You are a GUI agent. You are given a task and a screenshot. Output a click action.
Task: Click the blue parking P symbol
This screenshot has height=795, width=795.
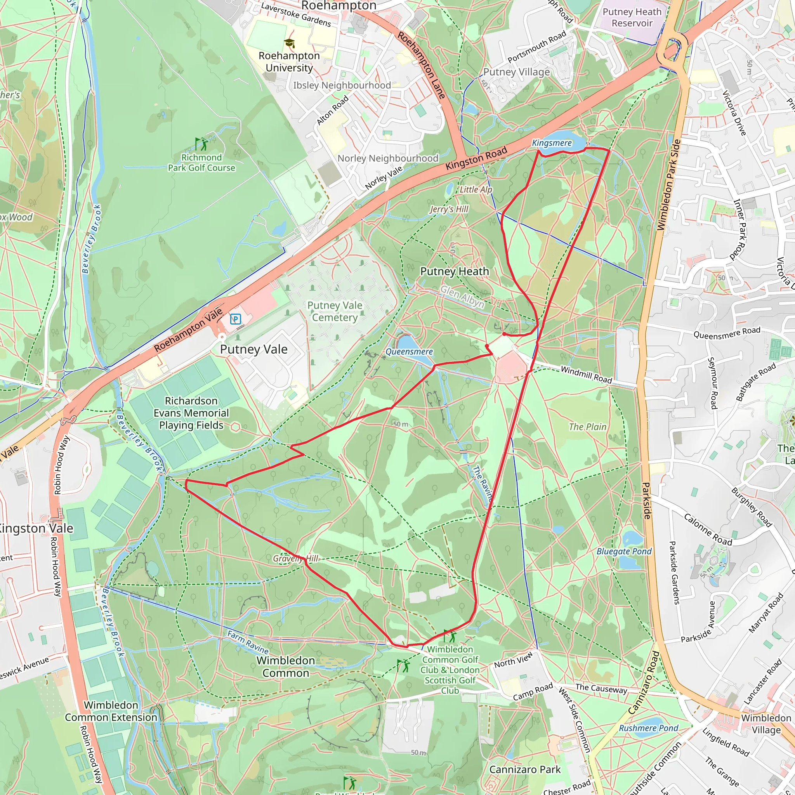click(235, 319)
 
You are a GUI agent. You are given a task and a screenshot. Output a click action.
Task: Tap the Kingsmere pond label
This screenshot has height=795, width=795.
click(552, 143)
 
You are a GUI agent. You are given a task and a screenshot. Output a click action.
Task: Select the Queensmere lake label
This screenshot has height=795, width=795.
click(409, 351)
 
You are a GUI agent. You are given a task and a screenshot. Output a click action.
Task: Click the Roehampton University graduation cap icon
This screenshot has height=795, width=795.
click(289, 43)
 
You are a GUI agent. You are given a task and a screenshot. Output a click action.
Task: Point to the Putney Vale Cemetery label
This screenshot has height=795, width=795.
click(335, 311)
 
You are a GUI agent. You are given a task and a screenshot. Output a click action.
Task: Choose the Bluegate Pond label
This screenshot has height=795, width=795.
click(624, 551)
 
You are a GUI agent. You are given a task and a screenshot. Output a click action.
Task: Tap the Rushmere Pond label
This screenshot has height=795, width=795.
click(649, 728)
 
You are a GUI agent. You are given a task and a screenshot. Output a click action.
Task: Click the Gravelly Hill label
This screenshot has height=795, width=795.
click(295, 558)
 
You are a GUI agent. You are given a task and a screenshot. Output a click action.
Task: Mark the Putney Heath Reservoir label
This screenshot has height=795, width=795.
click(632, 17)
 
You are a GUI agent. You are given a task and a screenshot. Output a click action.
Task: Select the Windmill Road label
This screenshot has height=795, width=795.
click(587, 375)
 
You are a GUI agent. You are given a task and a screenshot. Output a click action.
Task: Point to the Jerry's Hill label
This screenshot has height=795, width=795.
click(449, 209)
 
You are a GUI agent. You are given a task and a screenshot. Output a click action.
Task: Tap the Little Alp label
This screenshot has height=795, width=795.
click(476, 189)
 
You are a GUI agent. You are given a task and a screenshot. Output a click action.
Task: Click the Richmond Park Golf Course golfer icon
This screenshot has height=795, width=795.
click(201, 144)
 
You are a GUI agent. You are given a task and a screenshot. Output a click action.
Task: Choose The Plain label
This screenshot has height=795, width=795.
click(588, 427)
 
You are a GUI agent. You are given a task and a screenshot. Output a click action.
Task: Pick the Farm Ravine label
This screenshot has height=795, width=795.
click(248, 642)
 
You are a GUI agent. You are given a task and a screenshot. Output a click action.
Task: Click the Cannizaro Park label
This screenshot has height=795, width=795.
click(525, 769)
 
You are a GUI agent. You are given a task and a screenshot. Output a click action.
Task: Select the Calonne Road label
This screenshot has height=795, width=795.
click(708, 529)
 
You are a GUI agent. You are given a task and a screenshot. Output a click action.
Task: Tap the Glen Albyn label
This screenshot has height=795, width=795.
click(462, 297)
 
